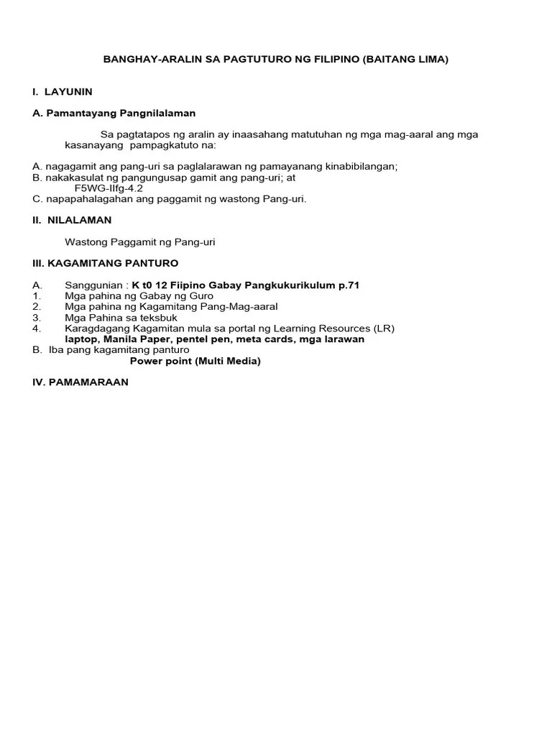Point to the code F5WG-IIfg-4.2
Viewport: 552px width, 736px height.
(109, 188)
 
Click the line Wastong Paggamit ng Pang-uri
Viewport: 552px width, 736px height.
(140, 242)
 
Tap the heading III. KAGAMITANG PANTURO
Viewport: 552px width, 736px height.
(105, 264)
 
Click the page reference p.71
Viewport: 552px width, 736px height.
(348, 285)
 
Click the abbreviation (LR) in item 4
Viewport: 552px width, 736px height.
(383, 328)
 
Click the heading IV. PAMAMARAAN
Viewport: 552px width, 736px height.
(80, 382)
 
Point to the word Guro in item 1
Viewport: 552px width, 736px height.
(200, 296)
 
